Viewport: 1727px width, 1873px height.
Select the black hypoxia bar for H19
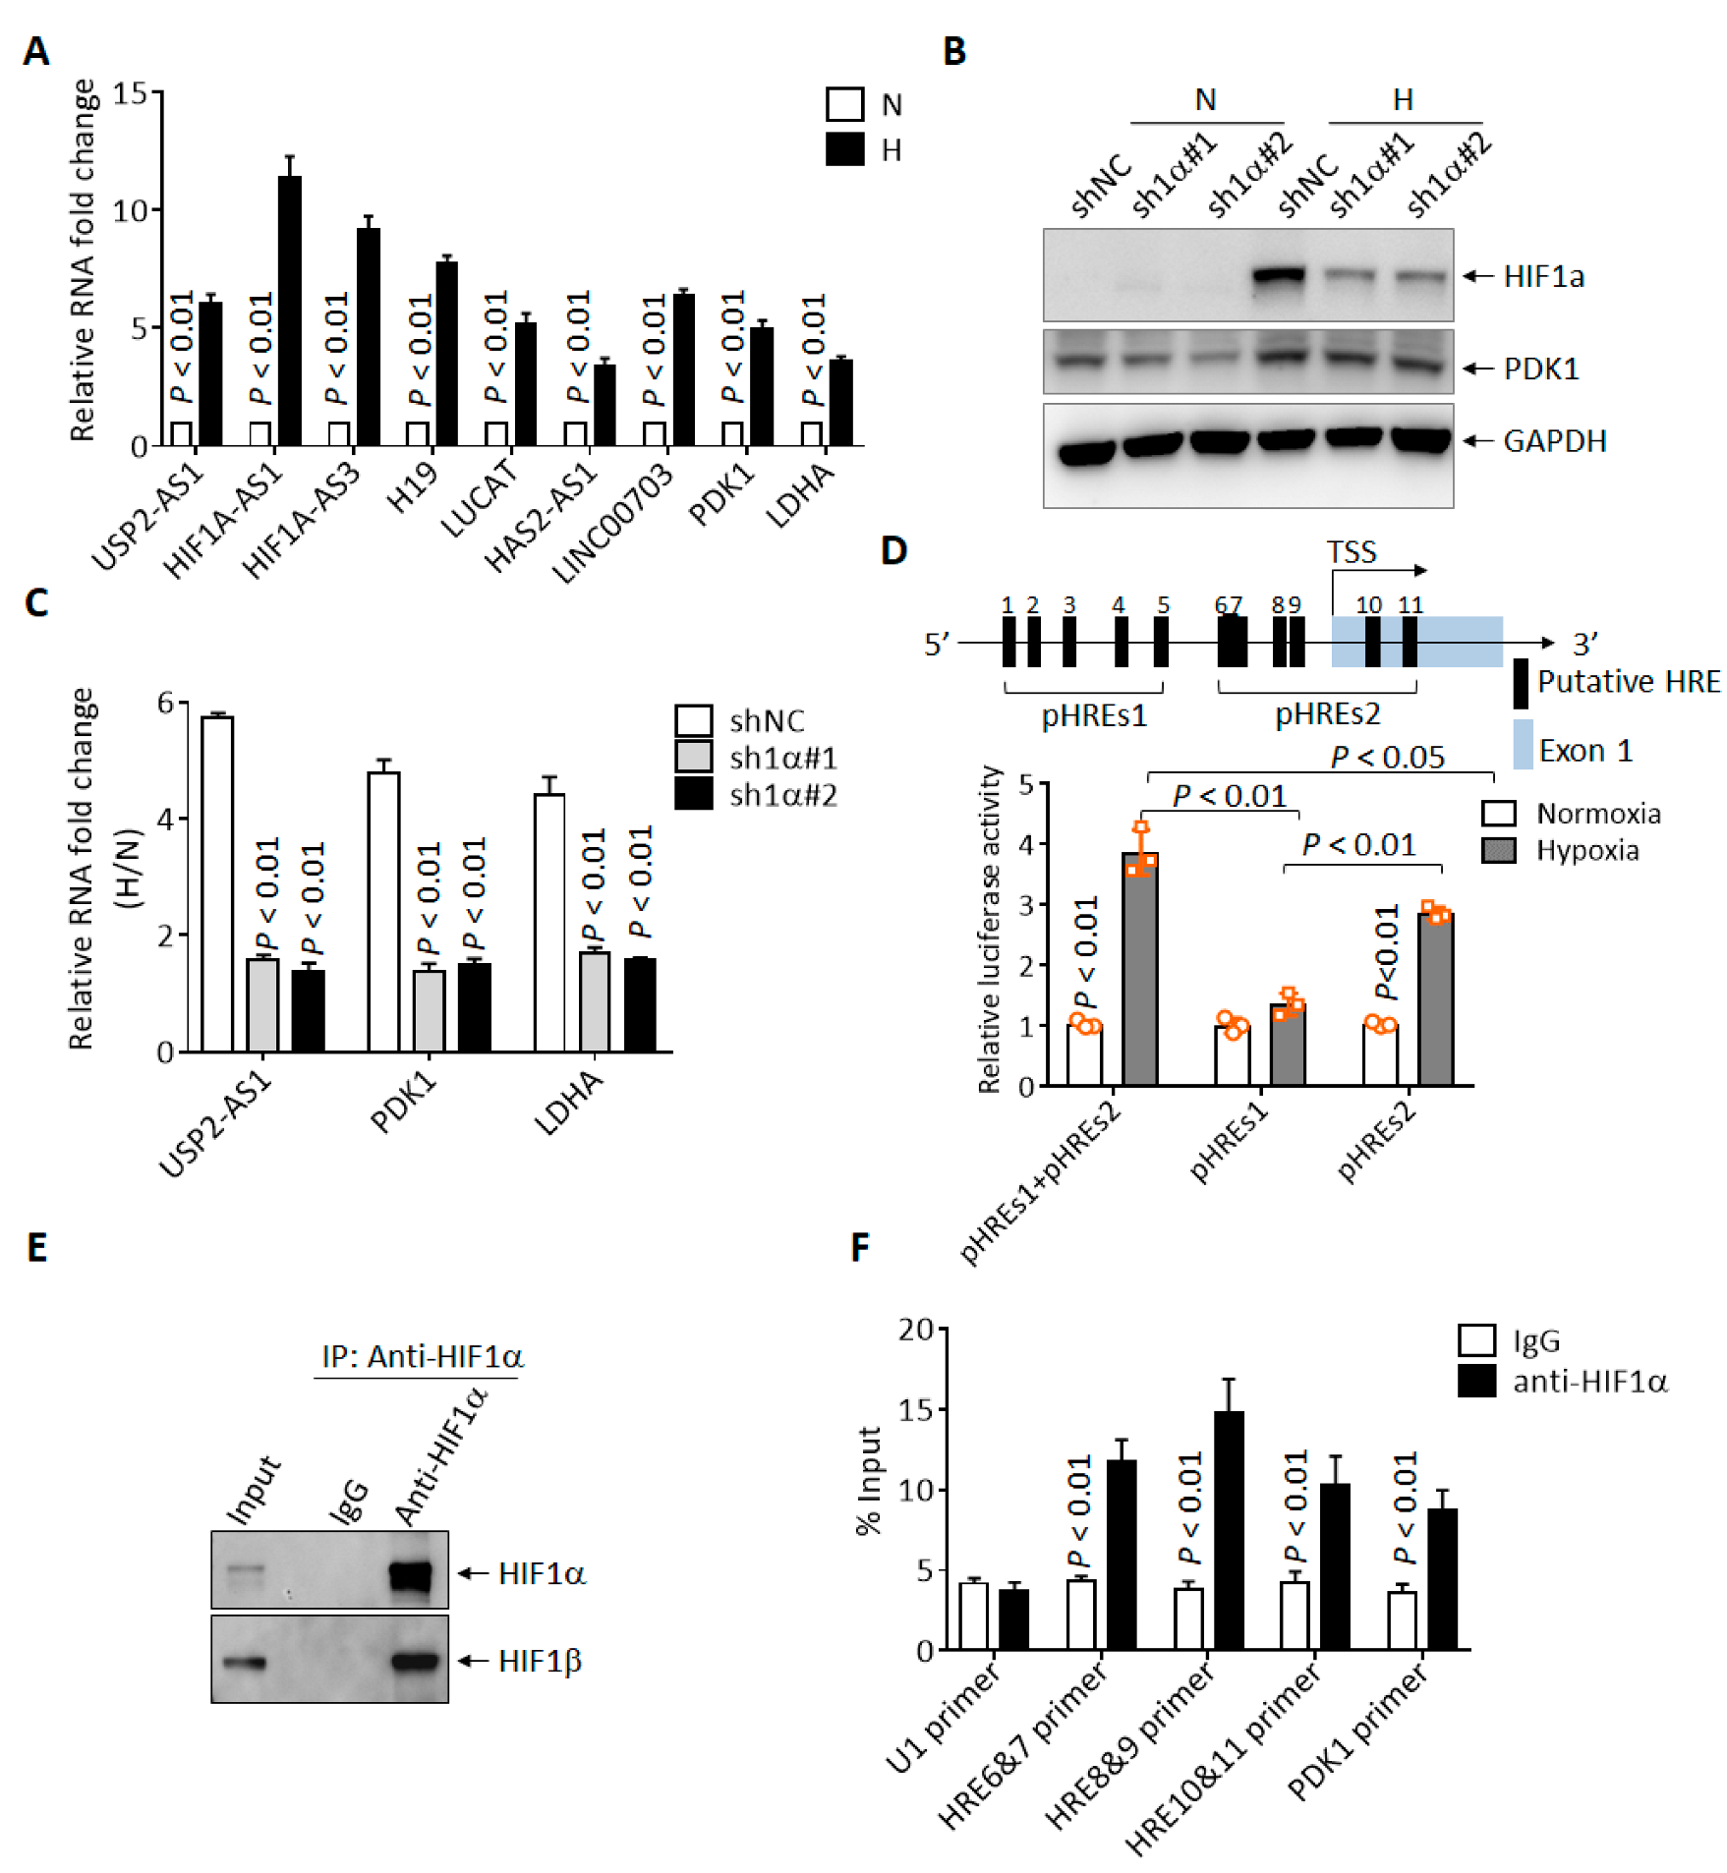coord(446,354)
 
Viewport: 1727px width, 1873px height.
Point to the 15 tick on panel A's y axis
coord(129,94)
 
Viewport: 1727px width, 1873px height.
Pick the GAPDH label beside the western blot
coord(1554,441)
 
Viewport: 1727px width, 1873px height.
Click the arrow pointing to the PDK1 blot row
coord(1477,369)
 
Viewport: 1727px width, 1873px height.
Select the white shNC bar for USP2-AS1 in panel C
coord(217,884)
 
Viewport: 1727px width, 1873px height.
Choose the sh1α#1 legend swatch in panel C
coord(694,757)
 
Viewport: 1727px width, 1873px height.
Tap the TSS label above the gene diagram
coord(1352,552)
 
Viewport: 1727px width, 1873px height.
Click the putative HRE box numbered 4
coord(1121,642)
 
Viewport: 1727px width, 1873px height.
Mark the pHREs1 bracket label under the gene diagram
coord(1094,714)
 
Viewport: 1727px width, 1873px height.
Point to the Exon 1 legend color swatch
coord(1522,744)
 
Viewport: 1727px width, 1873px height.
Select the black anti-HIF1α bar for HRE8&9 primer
coord(1229,1530)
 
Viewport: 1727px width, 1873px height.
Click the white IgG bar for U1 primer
coord(973,1616)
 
